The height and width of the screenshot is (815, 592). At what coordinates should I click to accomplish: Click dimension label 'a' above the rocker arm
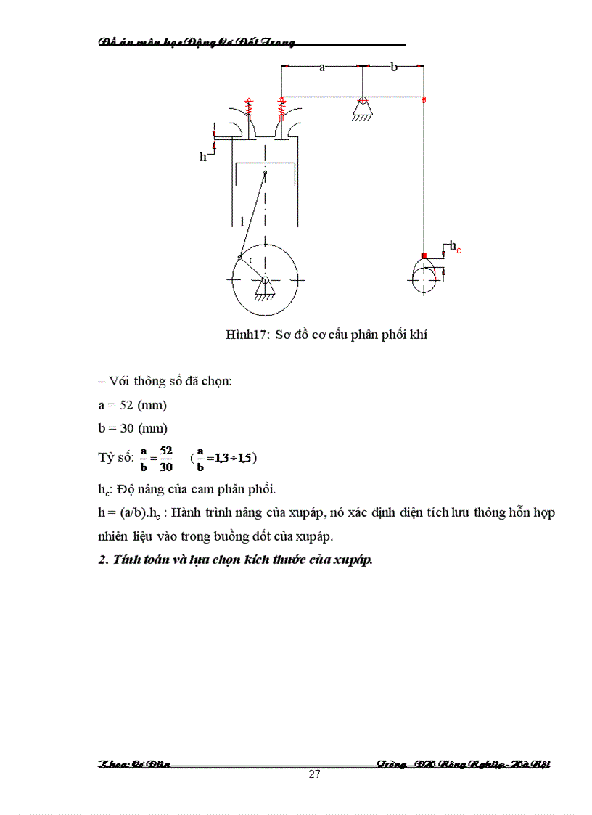321,67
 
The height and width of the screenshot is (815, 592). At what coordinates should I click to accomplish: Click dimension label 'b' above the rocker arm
394,67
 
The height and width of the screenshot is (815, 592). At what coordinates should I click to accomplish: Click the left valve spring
250,109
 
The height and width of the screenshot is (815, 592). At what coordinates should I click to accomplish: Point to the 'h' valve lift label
203,157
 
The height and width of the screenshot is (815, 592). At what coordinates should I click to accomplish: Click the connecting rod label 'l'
242,222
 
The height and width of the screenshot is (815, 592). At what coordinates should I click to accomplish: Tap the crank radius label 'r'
251,259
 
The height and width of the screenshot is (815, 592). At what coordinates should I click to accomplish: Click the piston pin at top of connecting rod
266,172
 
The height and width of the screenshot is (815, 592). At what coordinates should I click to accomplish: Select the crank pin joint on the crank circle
239,257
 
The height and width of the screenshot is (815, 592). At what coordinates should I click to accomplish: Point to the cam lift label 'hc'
455,247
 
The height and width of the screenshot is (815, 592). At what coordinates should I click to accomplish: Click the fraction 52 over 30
166,458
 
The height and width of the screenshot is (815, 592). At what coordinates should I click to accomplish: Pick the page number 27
314,774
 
